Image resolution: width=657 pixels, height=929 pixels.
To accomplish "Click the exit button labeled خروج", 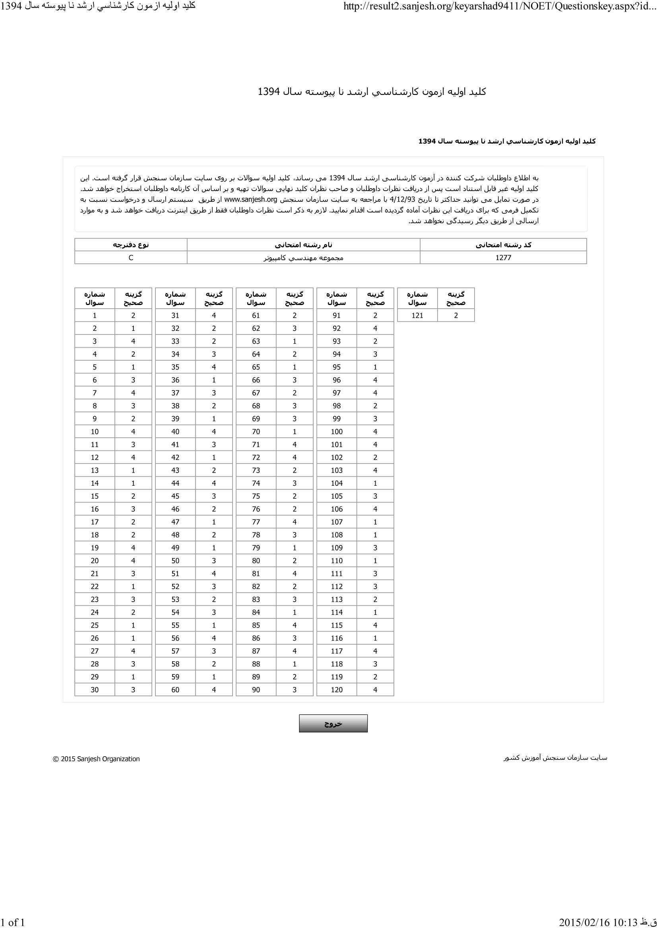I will (333, 723).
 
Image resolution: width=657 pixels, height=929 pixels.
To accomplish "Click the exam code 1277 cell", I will (503, 258).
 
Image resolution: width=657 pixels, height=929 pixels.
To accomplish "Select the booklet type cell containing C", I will (131, 258).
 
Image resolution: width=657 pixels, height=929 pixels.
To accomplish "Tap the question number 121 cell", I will (417, 316).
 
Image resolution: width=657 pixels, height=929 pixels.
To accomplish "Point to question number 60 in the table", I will (175, 690).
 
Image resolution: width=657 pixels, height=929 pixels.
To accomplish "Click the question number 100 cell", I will (336, 432).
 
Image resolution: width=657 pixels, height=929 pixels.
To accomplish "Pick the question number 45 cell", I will (175, 496).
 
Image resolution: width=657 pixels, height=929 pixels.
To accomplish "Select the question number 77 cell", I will (256, 522).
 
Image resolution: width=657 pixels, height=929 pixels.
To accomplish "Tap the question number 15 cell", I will (95, 496).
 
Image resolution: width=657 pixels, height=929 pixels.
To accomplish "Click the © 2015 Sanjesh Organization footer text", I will (96, 759).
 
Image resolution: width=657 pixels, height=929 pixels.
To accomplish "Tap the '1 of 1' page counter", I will (13, 923).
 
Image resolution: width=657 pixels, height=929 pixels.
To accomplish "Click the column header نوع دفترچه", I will (131, 245).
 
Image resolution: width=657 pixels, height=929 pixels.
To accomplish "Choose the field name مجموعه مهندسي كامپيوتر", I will (303, 258).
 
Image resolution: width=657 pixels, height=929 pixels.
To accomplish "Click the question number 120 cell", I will (336, 690).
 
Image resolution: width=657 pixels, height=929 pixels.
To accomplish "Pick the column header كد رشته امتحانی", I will (503, 245).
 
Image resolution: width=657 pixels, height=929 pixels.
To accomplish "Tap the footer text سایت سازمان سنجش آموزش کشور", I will (555, 758).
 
